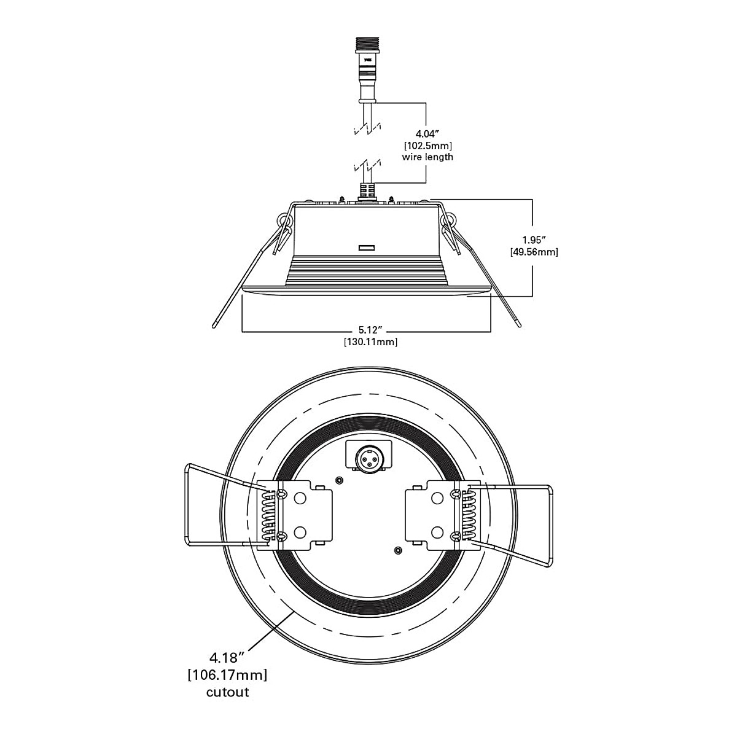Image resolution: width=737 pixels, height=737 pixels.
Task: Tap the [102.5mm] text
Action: [x=427, y=146]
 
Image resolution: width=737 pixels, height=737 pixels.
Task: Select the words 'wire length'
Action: [x=427, y=157]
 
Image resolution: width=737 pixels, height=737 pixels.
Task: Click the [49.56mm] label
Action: [x=533, y=252]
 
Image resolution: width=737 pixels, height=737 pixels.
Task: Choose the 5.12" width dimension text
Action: [x=370, y=330]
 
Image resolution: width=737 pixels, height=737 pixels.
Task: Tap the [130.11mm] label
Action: [x=370, y=342]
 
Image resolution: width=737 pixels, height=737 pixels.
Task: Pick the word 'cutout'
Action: [x=227, y=692]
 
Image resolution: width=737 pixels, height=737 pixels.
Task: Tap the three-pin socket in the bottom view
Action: [x=368, y=456]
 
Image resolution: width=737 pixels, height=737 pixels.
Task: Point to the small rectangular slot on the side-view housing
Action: [x=366, y=248]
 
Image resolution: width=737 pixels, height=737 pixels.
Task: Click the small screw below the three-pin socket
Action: [x=338, y=480]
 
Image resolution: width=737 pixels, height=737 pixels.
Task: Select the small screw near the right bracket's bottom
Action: [x=399, y=550]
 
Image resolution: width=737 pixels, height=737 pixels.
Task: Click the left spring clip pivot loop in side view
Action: [x=283, y=219]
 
